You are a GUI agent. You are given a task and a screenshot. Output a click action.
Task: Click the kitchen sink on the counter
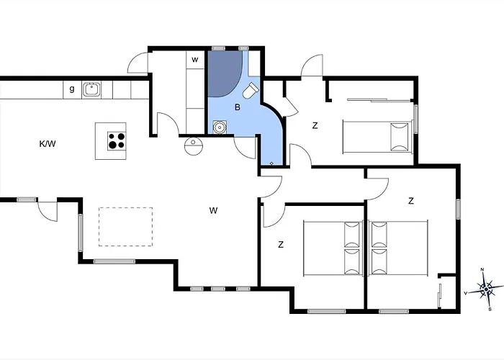tap(91, 89)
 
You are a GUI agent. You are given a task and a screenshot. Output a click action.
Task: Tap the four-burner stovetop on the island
tap(117, 141)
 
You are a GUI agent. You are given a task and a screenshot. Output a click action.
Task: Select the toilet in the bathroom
tap(251, 91)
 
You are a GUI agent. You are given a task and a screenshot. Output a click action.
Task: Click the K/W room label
tap(48, 144)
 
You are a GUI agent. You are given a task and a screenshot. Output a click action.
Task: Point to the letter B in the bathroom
tap(238, 107)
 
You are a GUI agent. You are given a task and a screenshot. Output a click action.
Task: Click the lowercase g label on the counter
tap(72, 89)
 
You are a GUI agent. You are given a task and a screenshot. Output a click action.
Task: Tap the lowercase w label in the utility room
tap(195, 60)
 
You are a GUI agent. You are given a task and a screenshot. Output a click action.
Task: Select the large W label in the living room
tap(213, 210)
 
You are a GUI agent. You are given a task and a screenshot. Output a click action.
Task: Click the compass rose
tap(486, 290)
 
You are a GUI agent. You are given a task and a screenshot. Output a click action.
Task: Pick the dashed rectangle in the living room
tap(126, 227)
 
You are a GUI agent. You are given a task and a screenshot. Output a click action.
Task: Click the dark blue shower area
tap(224, 73)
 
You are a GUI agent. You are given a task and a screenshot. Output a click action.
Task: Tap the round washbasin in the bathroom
tap(220, 127)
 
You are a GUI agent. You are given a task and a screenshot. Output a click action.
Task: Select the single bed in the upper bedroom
tap(378, 137)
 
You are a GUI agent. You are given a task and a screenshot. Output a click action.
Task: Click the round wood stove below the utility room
tap(194, 146)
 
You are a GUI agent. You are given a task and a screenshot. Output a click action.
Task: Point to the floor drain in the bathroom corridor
tap(271, 163)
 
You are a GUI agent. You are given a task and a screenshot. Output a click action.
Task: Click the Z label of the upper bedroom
tap(315, 126)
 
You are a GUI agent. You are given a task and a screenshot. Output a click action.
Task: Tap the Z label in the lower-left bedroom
tap(281, 245)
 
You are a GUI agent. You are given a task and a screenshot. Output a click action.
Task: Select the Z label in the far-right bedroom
tap(411, 201)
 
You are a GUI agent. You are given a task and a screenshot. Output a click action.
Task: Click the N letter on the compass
tap(482, 269)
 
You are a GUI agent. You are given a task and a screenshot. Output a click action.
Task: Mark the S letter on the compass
tap(490, 309)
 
